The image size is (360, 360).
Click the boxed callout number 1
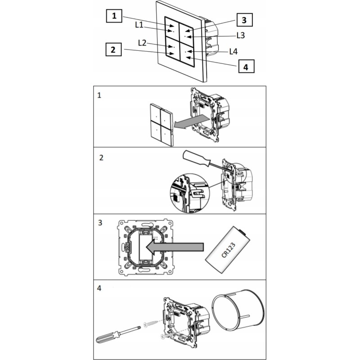(114, 16)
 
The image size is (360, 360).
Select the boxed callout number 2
(113, 49)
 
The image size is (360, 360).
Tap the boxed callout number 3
(244, 20)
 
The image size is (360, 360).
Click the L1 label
(139, 25)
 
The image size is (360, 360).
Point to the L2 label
(142, 43)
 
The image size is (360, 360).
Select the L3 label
(241, 36)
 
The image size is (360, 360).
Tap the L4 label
(234, 51)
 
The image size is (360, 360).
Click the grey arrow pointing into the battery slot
(175, 247)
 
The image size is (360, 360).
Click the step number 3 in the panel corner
(100, 223)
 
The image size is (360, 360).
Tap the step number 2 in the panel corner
(101, 158)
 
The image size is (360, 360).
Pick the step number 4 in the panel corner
(99, 288)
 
